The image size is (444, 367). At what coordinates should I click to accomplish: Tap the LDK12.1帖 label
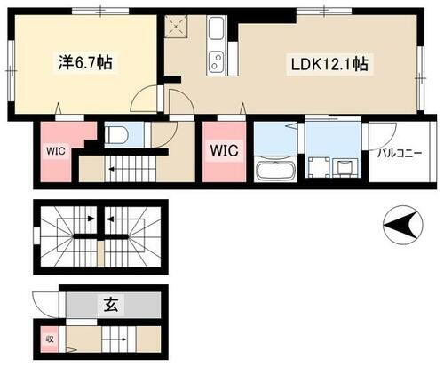point(327,65)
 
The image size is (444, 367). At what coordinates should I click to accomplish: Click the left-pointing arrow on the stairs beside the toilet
point(113,165)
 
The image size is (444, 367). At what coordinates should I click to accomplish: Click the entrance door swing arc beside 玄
point(44,301)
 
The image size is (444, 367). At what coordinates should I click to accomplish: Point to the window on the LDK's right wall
point(420,66)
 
